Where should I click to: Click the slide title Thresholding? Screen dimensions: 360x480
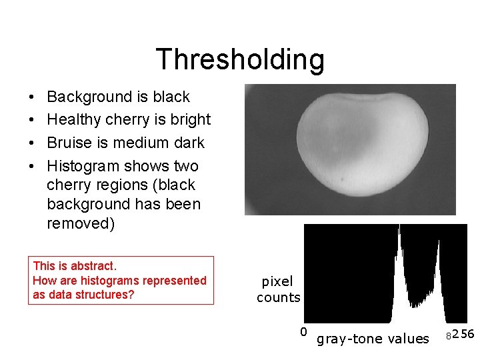tap(240, 59)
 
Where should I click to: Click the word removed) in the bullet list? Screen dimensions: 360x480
tap(81, 223)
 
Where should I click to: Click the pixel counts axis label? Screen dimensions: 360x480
tap(279, 290)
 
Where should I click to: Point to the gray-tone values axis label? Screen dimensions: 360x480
tap(373, 339)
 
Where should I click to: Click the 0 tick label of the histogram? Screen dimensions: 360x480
tap(303, 332)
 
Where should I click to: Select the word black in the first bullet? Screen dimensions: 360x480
tap(171, 97)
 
